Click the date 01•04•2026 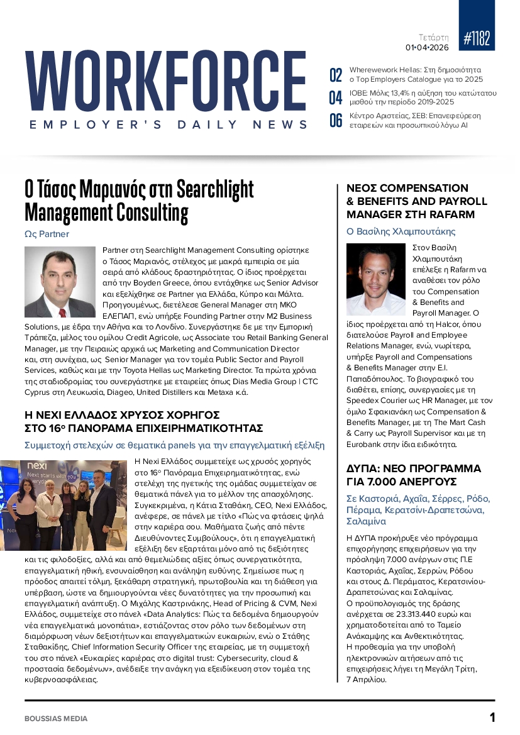click(427, 47)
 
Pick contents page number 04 click(336, 98)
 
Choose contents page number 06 click(336, 120)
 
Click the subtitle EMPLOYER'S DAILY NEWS click(169, 125)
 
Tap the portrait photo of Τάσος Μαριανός click(60, 282)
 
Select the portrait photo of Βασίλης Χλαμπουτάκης click(376, 280)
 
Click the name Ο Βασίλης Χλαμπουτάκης click(401, 231)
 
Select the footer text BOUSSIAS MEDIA click(56, 719)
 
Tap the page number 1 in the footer click(492, 717)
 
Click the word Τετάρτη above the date click(434, 37)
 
